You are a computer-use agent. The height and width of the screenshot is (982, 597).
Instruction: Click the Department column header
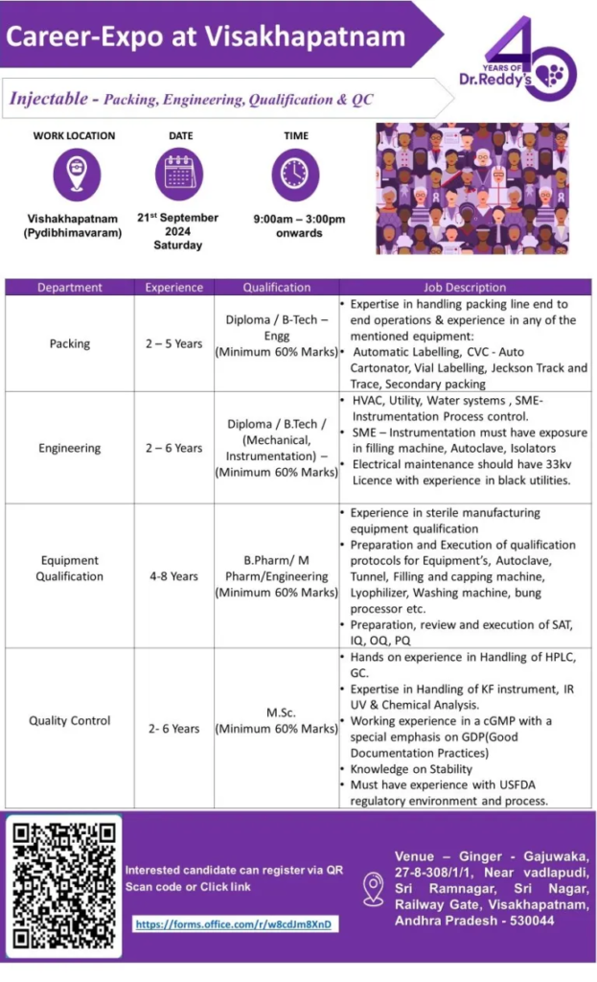[70, 287]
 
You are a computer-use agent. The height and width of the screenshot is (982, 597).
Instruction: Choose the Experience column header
[173, 287]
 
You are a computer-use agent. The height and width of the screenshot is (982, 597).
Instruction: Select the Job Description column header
[465, 287]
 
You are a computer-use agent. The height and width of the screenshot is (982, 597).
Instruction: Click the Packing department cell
[70, 342]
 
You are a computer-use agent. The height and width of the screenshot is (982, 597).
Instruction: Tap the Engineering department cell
[70, 448]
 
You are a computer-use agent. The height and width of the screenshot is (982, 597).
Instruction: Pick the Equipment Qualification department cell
[70, 569]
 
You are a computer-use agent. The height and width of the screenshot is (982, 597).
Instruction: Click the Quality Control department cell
[70, 720]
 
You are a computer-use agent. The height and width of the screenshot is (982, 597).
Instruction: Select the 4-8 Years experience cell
[173, 576]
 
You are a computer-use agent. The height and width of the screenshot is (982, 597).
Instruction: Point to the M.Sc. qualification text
[277, 713]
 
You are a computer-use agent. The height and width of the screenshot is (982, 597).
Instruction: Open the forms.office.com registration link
[237, 924]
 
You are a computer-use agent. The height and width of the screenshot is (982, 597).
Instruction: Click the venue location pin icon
[374, 889]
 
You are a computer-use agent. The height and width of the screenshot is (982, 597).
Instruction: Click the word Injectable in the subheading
[47, 98]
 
